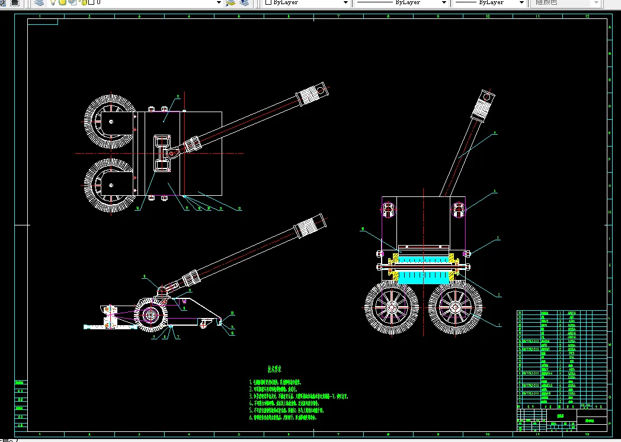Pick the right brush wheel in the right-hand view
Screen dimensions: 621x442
tap(455, 307)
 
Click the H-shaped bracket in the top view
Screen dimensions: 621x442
tap(164, 154)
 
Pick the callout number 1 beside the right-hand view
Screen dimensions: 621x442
tap(499, 325)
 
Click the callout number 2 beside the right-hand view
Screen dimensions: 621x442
tap(499, 294)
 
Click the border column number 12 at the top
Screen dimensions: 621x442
tap(587, 17)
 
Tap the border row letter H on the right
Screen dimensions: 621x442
tap(610, 211)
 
